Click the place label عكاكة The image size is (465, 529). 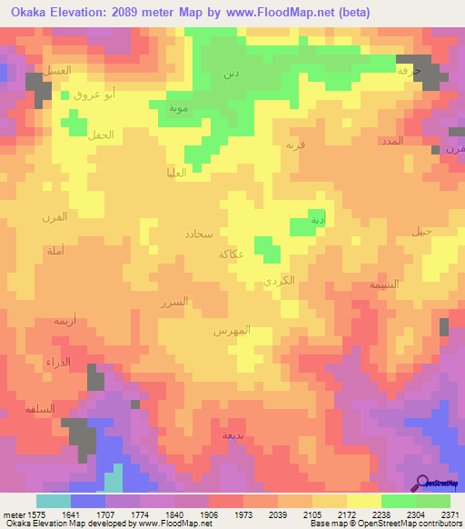click(x=230, y=255)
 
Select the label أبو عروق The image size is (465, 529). click(x=94, y=95)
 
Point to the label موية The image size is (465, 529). click(x=177, y=108)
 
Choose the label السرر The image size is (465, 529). click(x=173, y=302)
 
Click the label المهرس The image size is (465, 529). click(x=232, y=332)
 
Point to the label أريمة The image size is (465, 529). click(x=64, y=321)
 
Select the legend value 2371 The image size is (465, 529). click(x=451, y=515)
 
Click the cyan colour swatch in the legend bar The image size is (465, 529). click(x=54, y=501)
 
